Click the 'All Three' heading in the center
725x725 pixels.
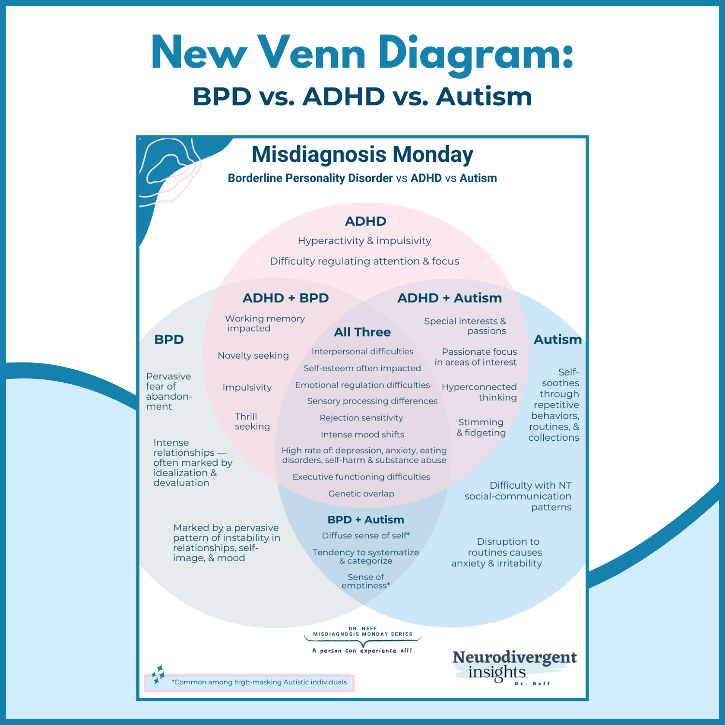click(362, 332)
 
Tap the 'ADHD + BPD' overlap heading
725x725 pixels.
click(286, 298)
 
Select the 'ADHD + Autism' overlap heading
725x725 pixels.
click(449, 298)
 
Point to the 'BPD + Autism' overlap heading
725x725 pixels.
click(365, 520)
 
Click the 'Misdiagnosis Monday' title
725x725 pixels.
click(362, 155)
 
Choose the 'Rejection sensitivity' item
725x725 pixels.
click(361, 418)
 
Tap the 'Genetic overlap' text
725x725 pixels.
click(361, 493)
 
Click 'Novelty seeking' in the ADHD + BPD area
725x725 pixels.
click(253, 355)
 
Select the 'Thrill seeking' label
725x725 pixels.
click(252, 421)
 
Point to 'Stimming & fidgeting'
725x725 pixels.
click(481, 427)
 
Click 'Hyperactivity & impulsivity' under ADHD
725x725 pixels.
click(364, 241)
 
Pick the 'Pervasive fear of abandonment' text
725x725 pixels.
click(169, 391)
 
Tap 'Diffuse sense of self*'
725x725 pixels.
click(366, 536)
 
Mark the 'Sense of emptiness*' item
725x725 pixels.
click(366, 581)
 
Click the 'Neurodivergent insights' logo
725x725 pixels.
click(514, 666)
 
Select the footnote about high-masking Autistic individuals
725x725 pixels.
click(259, 682)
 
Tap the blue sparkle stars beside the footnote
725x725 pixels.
click(158, 674)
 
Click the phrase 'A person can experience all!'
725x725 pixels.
click(362, 651)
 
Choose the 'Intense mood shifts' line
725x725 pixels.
click(362, 435)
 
